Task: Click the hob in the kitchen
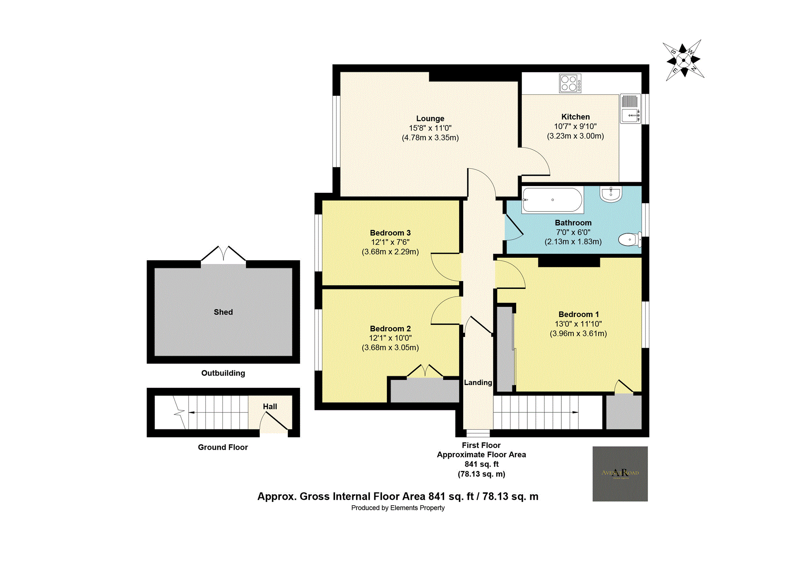click(x=570, y=83)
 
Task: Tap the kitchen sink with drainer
click(x=630, y=109)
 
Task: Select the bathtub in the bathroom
click(x=552, y=200)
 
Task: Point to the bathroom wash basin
click(x=611, y=194)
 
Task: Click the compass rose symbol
click(x=683, y=61)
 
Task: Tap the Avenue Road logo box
click(x=620, y=474)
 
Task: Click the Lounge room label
click(x=430, y=119)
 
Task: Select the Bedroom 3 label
click(x=390, y=233)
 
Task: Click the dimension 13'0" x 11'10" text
click(x=578, y=324)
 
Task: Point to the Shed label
click(x=223, y=312)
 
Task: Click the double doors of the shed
click(x=223, y=254)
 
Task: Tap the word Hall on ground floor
click(x=270, y=407)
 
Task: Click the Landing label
click(x=478, y=383)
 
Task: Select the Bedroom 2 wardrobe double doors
click(x=425, y=371)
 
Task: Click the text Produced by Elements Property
click(x=398, y=508)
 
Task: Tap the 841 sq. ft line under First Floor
click(x=481, y=464)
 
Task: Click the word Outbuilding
click(x=223, y=373)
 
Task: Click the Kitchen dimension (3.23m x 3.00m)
click(x=575, y=136)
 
